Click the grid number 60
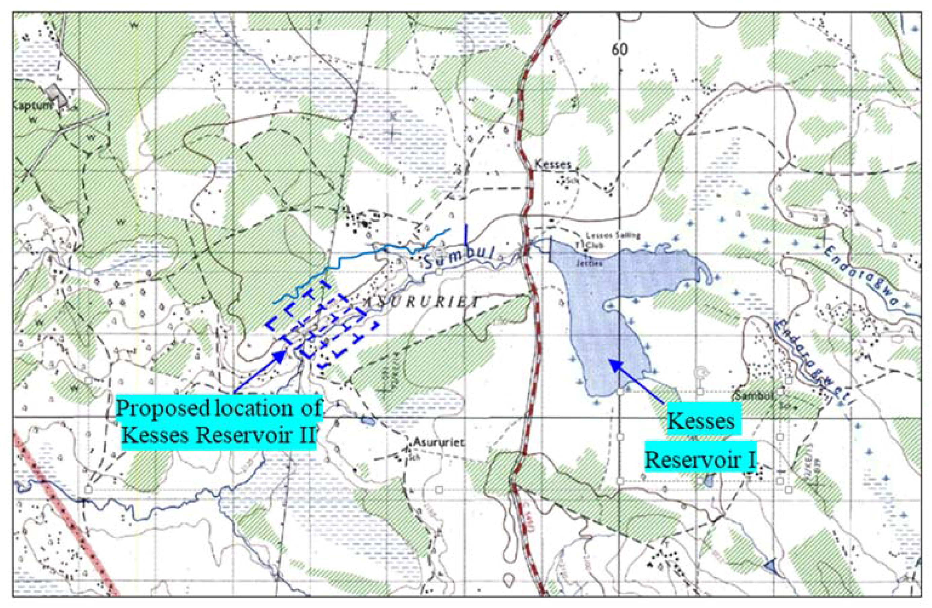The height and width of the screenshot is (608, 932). pyautogui.click(x=620, y=49)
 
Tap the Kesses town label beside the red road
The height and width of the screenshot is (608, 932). pyautogui.click(x=553, y=164)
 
